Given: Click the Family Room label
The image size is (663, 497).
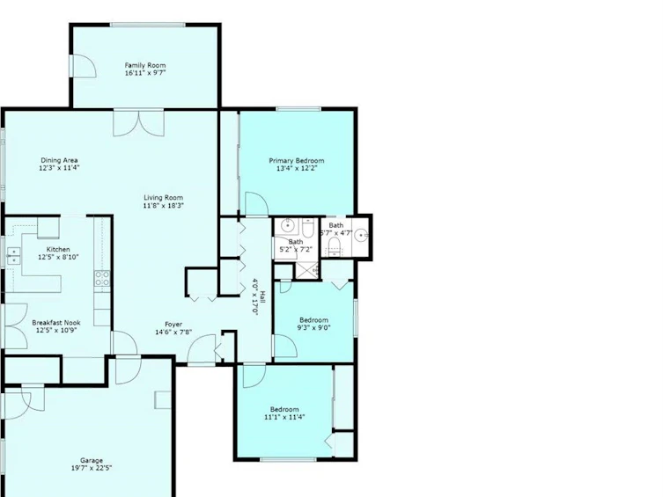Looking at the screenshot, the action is [x=145, y=65].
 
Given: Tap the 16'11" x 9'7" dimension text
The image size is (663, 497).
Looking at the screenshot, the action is [x=145, y=73].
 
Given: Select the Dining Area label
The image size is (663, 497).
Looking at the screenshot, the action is [x=59, y=160].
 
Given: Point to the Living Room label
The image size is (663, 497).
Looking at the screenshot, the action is [x=163, y=198].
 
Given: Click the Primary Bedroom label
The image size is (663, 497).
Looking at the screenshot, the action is [x=297, y=161].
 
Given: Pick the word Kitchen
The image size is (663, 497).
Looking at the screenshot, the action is [x=58, y=250].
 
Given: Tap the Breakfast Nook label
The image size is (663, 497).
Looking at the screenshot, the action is [x=56, y=323].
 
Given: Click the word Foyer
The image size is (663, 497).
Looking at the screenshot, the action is [x=173, y=325].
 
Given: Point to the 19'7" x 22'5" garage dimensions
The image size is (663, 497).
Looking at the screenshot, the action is [x=92, y=468].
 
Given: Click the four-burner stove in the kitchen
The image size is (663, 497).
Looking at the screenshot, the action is [x=102, y=279].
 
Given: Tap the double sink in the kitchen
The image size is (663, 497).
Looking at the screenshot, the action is [x=13, y=256].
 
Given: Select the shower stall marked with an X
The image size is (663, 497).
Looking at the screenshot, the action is [x=307, y=271].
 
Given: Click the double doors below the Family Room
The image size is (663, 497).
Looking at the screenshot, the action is [x=139, y=123].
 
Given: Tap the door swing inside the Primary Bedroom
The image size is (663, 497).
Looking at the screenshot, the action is [x=256, y=203].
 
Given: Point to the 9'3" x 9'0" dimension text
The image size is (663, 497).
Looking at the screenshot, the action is [x=313, y=328].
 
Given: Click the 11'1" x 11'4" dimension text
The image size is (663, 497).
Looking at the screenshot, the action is [x=284, y=417].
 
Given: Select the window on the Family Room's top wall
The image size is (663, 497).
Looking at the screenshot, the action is [x=148, y=25].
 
